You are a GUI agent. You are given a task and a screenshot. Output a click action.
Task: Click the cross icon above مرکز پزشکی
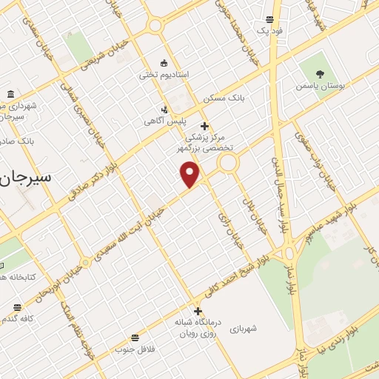point(204,126)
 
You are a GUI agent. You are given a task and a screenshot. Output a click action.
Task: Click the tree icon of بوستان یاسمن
point(320,74)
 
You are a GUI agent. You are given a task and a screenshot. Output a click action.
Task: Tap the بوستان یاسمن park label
point(318,87)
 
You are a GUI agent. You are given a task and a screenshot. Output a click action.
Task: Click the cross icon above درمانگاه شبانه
point(198,311)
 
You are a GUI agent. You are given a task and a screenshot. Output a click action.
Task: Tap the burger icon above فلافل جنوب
point(135,337)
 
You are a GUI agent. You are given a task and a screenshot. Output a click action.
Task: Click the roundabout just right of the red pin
point(227,163)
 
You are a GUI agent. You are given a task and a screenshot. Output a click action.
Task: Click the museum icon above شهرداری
point(10,94)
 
